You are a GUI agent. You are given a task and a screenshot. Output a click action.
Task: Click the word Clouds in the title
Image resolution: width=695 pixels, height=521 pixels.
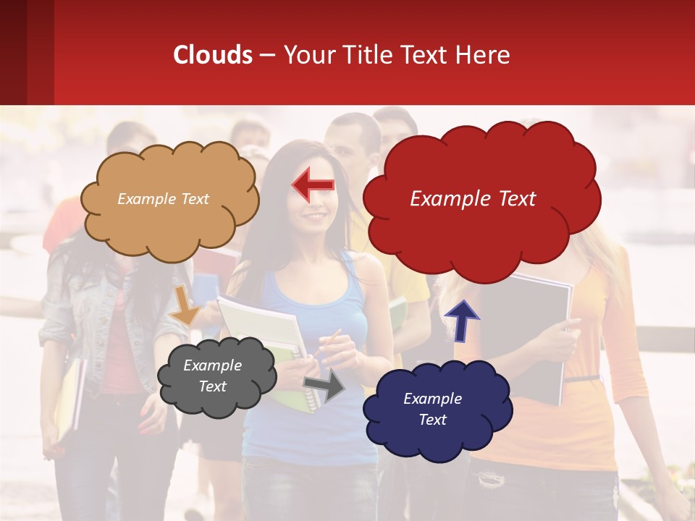pos(213,55)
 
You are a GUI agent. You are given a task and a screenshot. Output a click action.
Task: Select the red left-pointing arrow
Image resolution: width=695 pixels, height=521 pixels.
pos(313,186)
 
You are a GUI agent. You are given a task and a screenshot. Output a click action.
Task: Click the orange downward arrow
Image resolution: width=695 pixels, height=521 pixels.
pos(185,305)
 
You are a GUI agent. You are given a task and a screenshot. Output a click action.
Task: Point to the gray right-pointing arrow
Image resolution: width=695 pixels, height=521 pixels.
pos(325,386)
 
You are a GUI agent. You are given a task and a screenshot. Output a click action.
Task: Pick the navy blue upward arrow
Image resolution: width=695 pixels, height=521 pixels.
pos(461,321)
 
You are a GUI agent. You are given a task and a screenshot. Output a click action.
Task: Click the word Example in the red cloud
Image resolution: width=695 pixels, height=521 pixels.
pos(447,199)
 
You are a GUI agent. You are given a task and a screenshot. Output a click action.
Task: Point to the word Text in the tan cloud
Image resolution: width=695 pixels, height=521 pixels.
pos(194,199)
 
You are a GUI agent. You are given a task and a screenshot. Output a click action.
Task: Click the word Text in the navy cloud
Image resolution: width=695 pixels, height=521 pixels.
pos(432,420)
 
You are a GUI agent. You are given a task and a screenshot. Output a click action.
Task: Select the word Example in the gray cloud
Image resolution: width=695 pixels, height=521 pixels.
pos(212,365)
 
